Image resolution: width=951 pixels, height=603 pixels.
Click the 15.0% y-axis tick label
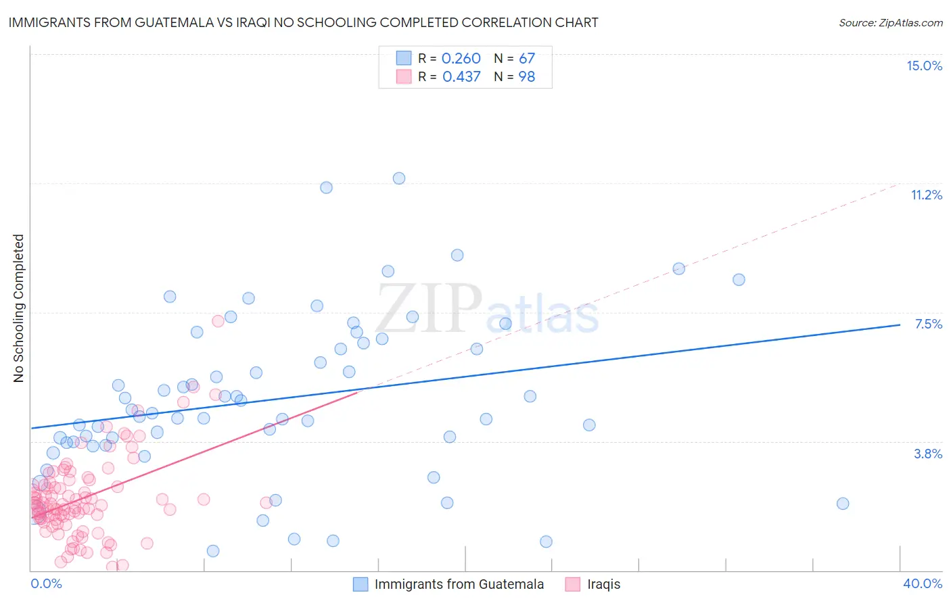(x=924, y=66)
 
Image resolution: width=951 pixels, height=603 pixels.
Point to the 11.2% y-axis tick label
(x=926, y=195)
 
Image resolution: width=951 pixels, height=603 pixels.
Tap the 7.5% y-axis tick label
(x=928, y=324)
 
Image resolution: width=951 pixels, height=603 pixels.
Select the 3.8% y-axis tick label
(x=928, y=454)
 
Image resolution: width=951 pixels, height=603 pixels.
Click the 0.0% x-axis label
(x=46, y=583)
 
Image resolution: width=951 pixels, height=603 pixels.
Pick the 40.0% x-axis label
(x=922, y=583)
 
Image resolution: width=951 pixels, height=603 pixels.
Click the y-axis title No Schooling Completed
(x=18, y=308)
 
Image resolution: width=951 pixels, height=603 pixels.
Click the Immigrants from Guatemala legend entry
(x=459, y=584)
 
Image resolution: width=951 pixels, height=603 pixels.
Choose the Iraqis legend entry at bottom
(x=603, y=584)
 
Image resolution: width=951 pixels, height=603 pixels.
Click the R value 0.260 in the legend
(x=461, y=58)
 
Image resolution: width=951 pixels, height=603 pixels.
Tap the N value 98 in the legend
(x=527, y=77)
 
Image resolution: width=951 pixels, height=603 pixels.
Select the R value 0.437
(x=461, y=77)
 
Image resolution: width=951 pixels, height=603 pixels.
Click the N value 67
(x=527, y=58)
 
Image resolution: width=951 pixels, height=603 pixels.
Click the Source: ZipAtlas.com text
(x=890, y=22)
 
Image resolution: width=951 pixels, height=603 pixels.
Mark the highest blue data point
(x=399, y=178)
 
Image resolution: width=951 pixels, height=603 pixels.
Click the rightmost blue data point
(x=843, y=504)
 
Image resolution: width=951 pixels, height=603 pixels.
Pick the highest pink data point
(x=218, y=321)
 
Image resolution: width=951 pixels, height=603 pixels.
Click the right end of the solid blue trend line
(x=900, y=325)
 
